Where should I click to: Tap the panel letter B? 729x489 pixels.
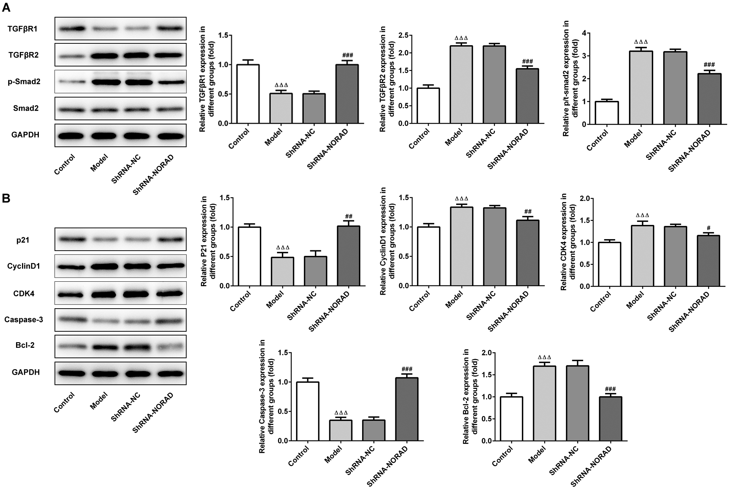coord(6,198)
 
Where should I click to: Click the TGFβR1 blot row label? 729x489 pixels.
coord(22,29)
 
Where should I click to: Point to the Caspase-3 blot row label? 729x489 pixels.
coord(24,319)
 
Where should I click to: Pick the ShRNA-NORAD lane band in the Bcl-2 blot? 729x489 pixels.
coord(170,346)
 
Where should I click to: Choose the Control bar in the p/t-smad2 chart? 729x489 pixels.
coord(607,112)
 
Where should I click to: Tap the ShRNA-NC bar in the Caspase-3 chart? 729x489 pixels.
coord(374,430)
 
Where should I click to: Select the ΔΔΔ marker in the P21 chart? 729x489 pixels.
coord(283,247)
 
